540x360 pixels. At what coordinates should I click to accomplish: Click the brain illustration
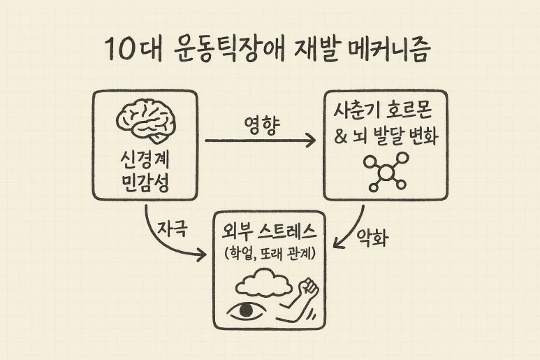coord(145,121)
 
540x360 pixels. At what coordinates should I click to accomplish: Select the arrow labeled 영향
coord(260,141)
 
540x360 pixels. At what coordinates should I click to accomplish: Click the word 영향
coord(261,126)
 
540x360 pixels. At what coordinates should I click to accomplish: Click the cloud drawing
coord(264,284)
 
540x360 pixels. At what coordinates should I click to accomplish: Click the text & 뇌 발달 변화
coord(386,137)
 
